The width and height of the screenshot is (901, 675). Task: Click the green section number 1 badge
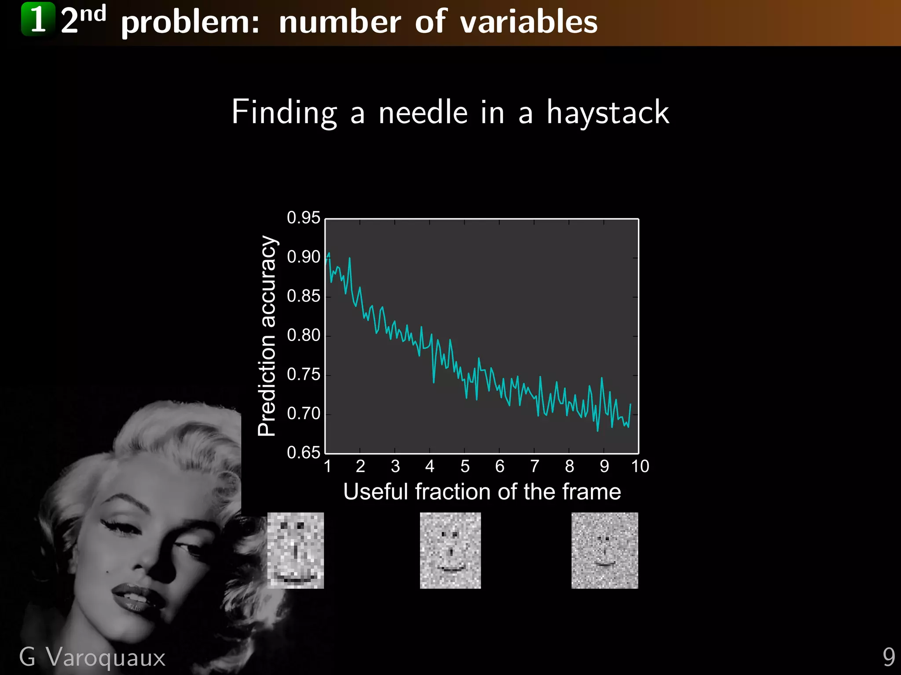[38, 19]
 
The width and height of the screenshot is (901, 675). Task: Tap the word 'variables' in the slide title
[528, 22]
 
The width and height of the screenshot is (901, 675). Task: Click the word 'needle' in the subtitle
[423, 112]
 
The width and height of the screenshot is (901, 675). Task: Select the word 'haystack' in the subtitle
[608, 112]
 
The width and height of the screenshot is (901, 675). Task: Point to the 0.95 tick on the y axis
[303, 218]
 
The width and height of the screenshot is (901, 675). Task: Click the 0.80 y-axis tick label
[303, 335]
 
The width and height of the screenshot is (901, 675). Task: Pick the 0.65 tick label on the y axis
[303, 452]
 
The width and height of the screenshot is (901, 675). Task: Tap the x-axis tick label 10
[640, 466]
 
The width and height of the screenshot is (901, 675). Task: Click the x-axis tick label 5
[465, 466]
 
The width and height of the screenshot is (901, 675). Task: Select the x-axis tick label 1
[327, 466]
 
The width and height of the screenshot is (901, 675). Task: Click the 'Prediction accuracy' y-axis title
[267, 336]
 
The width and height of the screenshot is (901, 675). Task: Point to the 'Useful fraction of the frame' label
[482, 491]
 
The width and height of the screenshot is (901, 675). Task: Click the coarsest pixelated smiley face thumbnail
[296, 550]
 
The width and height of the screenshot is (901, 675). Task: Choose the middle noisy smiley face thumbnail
[450, 550]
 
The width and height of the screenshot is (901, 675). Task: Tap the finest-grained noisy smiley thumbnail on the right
[604, 550]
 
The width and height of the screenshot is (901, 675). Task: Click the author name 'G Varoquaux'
[92, 657]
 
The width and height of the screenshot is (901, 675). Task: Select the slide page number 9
[889, 657]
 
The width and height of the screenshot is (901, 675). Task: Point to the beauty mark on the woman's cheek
[109, 571]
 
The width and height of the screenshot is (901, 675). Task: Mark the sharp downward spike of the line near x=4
[434, 381]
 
